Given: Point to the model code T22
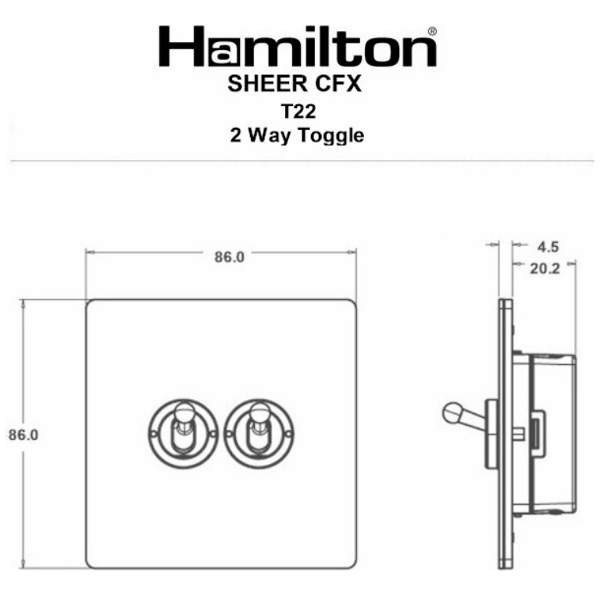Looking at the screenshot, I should click(x=298, y=110).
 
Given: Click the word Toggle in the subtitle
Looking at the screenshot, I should click(x=330, y=136).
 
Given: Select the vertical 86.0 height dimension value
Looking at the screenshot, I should click(x=23, y=434).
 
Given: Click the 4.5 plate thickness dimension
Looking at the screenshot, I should click(x=549, y=248).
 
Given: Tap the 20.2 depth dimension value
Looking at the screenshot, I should click(x=544, y=269).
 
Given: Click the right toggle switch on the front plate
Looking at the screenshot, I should click(x=256, y=430).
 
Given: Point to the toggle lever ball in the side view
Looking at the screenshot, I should click(x=452, y=412).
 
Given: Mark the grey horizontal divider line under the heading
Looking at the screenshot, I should click(x=300, y=161).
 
